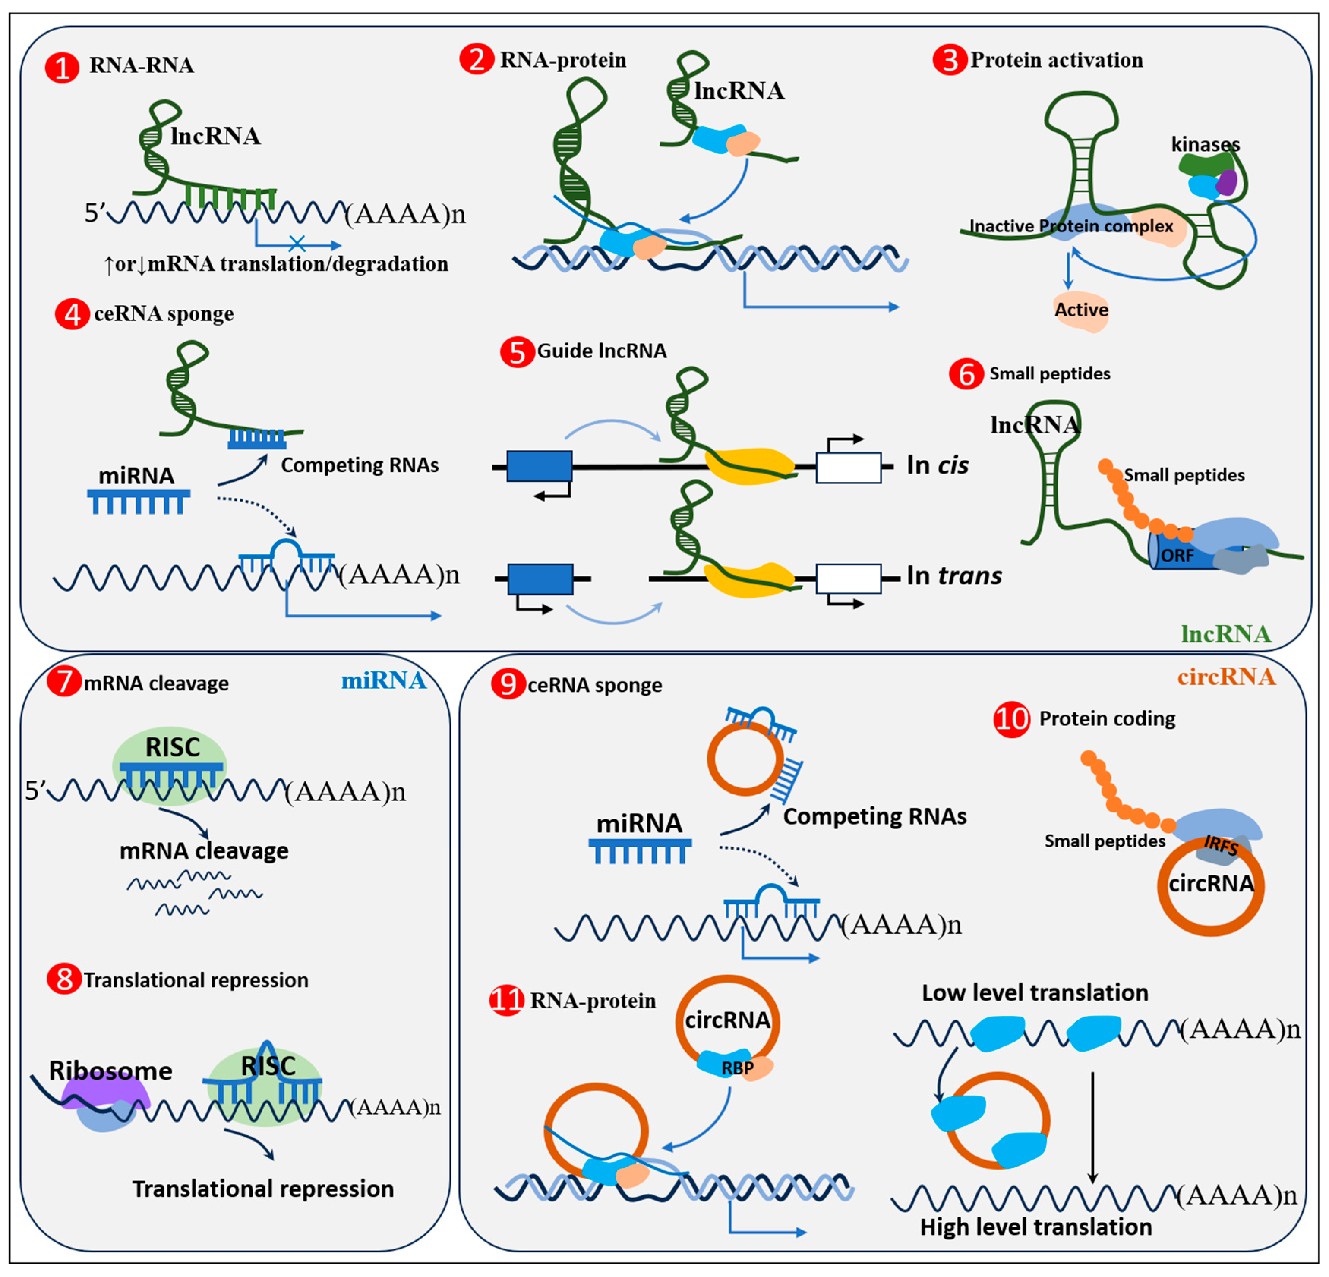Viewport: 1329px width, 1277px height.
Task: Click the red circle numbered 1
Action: click(62, 68)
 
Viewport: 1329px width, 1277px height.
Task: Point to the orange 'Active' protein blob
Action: click(1081, 310)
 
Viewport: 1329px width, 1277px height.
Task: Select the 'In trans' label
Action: click(954, 575)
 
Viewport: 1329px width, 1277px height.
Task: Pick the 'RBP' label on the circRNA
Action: click(737, 1068)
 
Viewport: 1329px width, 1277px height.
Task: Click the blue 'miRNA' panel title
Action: click(384, 680)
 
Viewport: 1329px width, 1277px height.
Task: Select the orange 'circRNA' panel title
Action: click(1226, 677)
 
